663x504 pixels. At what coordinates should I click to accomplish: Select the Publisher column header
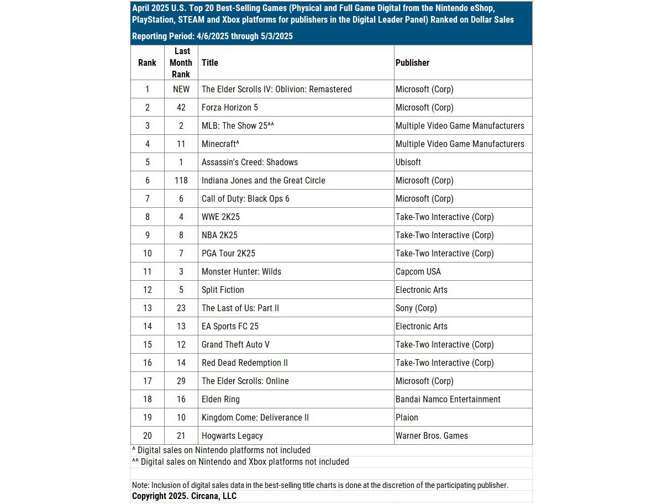click(412, 62)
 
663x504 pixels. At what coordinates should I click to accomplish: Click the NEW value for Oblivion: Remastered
click(181, 89)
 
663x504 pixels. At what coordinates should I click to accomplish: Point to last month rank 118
click(181, 180)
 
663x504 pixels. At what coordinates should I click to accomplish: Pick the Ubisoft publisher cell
click(408, 162)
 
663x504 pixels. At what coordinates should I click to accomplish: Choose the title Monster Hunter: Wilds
click(241, 271)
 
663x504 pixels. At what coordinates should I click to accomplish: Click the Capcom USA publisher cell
click(418, 271)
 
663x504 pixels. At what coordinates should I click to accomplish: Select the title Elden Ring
click(220, 399)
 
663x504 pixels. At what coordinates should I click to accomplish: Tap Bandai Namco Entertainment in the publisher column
click(448, 399)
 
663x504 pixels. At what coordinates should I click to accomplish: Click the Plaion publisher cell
click(407, 417)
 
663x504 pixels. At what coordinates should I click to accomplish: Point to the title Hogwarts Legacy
click(232, 435)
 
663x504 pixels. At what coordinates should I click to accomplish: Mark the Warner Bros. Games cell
click(432, 435)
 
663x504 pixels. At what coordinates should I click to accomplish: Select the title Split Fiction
click(223, 290)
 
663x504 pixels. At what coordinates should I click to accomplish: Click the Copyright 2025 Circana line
click(184, 496)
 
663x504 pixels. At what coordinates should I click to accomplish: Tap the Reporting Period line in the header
click(212, 36)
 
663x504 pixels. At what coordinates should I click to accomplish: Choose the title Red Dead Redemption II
click(245, 363)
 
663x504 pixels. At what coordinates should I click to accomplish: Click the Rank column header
click(147, 62)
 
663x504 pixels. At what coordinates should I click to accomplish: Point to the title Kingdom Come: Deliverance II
click(255, 417)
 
